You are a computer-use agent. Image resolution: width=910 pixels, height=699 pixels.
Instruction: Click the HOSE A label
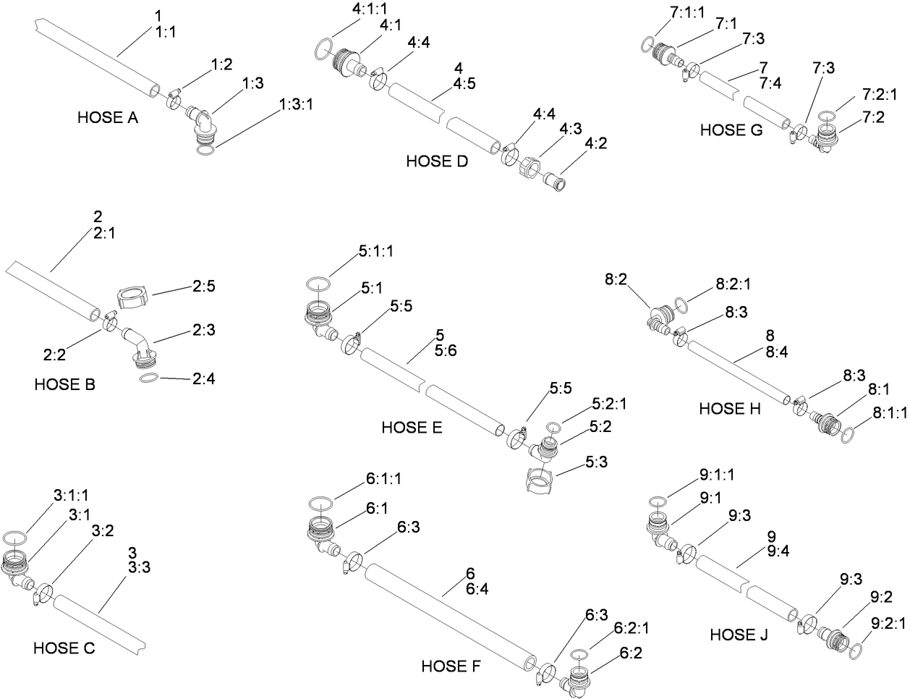pos(107,117)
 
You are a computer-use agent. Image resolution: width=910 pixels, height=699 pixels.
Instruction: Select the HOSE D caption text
pos(437,161)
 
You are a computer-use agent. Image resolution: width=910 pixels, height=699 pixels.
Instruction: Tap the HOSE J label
pos(739,635)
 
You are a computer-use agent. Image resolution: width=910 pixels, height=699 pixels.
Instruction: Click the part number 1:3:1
pos(297,105)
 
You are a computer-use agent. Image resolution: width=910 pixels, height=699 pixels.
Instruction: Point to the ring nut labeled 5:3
pos(540,480)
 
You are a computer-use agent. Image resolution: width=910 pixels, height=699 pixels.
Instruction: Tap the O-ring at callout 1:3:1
pos(205,151)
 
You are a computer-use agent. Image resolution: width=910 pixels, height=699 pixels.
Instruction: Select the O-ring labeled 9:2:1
pos(856,649)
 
